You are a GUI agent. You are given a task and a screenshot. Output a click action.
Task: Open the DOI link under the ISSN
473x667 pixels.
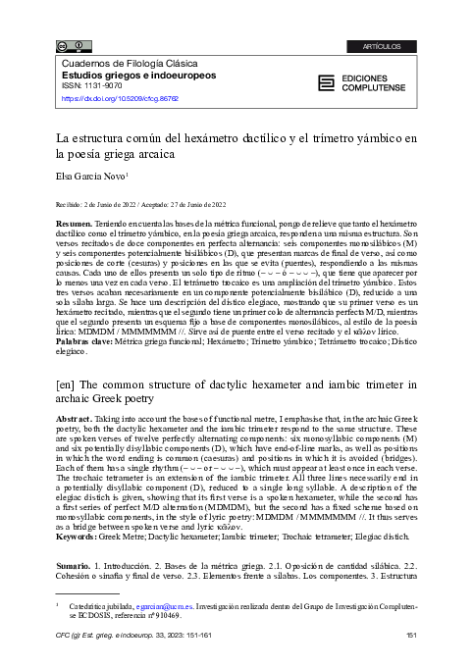tap(122, 98)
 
